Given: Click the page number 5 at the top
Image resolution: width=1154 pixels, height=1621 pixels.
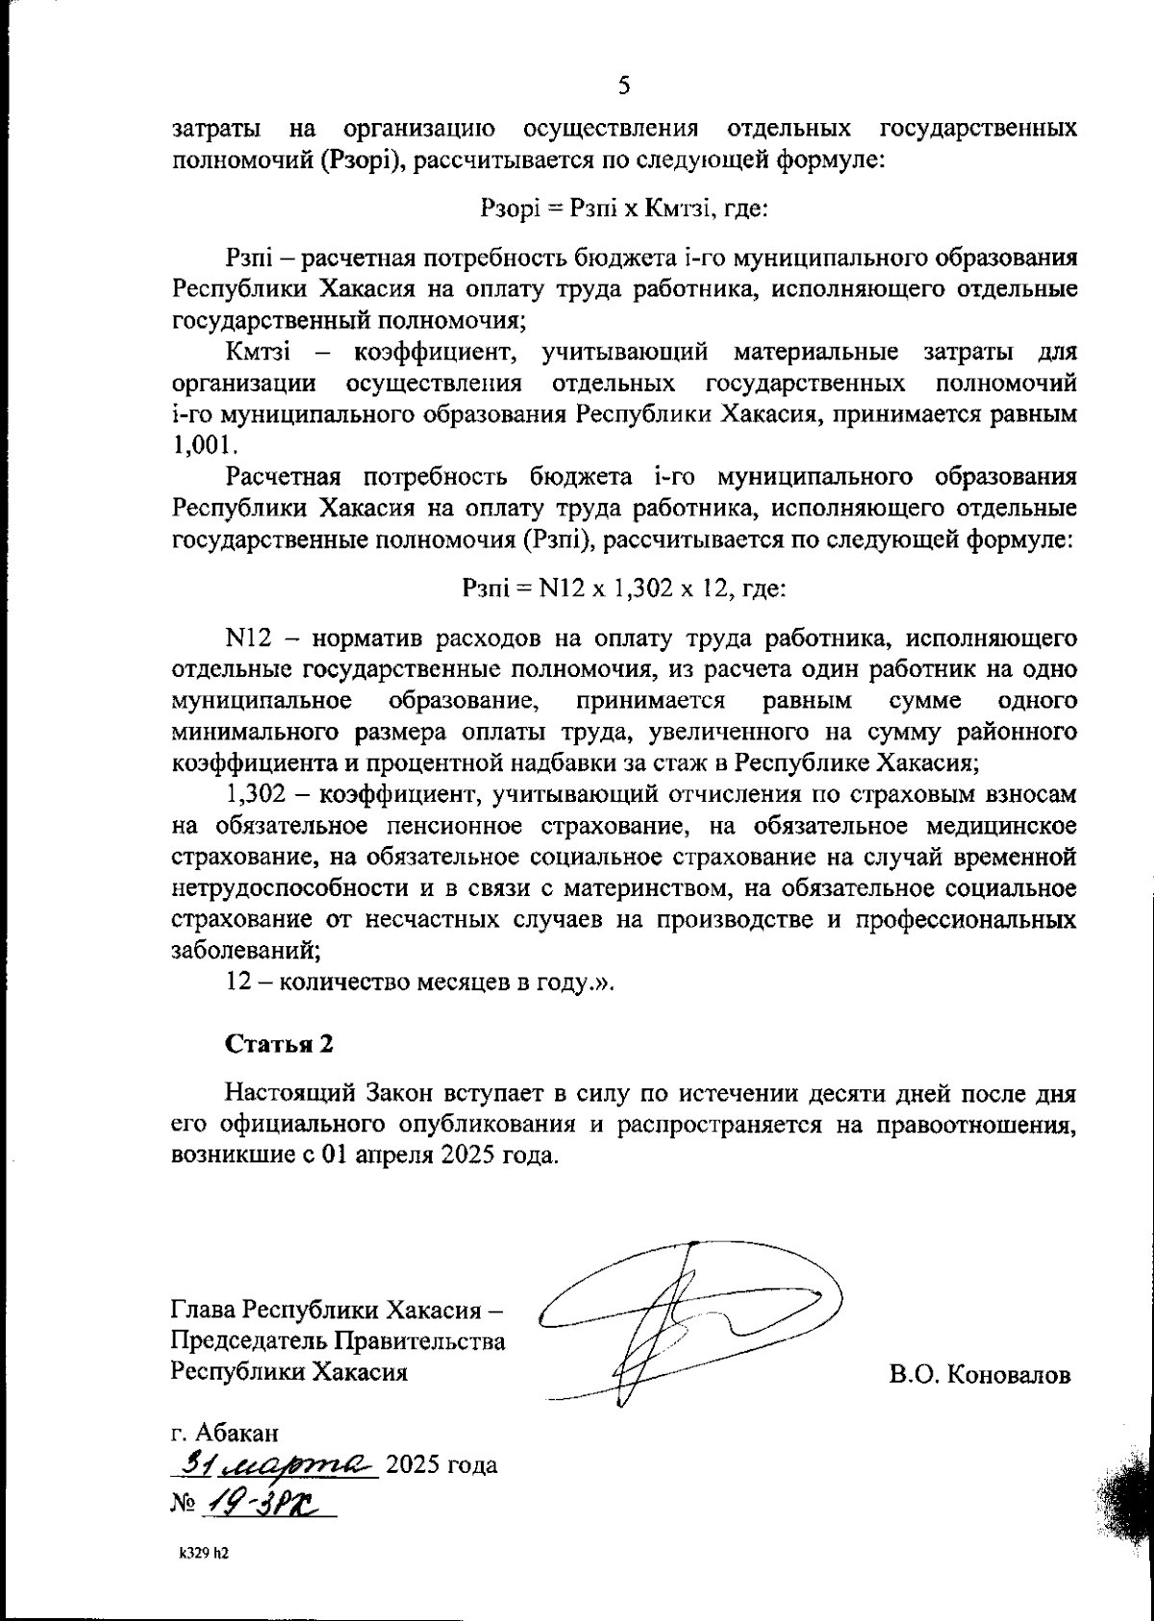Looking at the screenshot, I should coord(623,87).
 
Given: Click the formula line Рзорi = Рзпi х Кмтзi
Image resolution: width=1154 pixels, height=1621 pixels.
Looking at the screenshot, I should coord(623,208).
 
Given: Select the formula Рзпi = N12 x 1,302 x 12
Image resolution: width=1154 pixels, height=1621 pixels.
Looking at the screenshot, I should coord(624,587).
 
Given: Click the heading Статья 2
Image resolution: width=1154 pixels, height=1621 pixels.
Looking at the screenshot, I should coord(279,1044).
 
